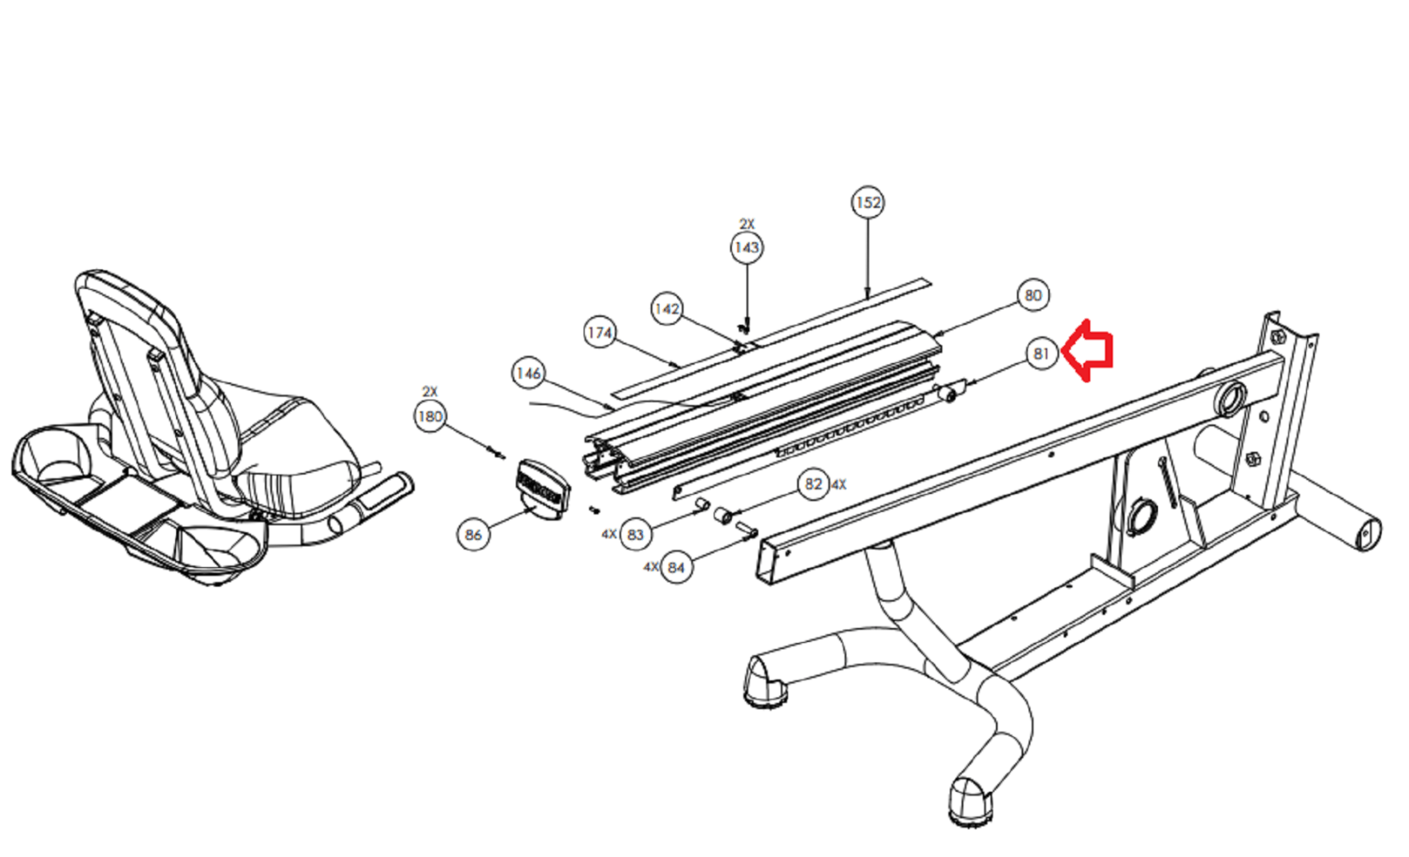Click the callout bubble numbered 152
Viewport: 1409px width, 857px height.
point(868,203)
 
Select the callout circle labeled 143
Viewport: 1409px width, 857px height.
point(747,247)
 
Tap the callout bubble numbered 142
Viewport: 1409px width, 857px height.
point(667,309)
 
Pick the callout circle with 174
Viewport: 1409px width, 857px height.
point(600,332)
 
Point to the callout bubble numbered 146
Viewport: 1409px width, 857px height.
point(528,373)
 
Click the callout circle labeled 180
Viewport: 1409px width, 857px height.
point(431,417)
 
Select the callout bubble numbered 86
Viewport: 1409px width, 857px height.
point(473,535)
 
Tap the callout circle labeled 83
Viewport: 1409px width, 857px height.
point(635,535)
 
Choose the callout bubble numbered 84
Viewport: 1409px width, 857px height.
point(676,567)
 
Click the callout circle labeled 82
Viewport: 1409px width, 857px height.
point(814,484)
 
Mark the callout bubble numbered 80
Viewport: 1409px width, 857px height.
point(1034,295)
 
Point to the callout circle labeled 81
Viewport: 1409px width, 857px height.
point(1042,354)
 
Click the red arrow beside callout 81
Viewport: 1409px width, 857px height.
point(1088,351)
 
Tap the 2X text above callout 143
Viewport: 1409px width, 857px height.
point(747,224)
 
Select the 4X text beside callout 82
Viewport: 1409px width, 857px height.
point(839,484)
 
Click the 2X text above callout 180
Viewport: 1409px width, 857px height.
point(430,391)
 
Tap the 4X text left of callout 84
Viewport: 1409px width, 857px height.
point(651,567)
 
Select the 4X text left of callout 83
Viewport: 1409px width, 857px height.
point(609,535)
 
